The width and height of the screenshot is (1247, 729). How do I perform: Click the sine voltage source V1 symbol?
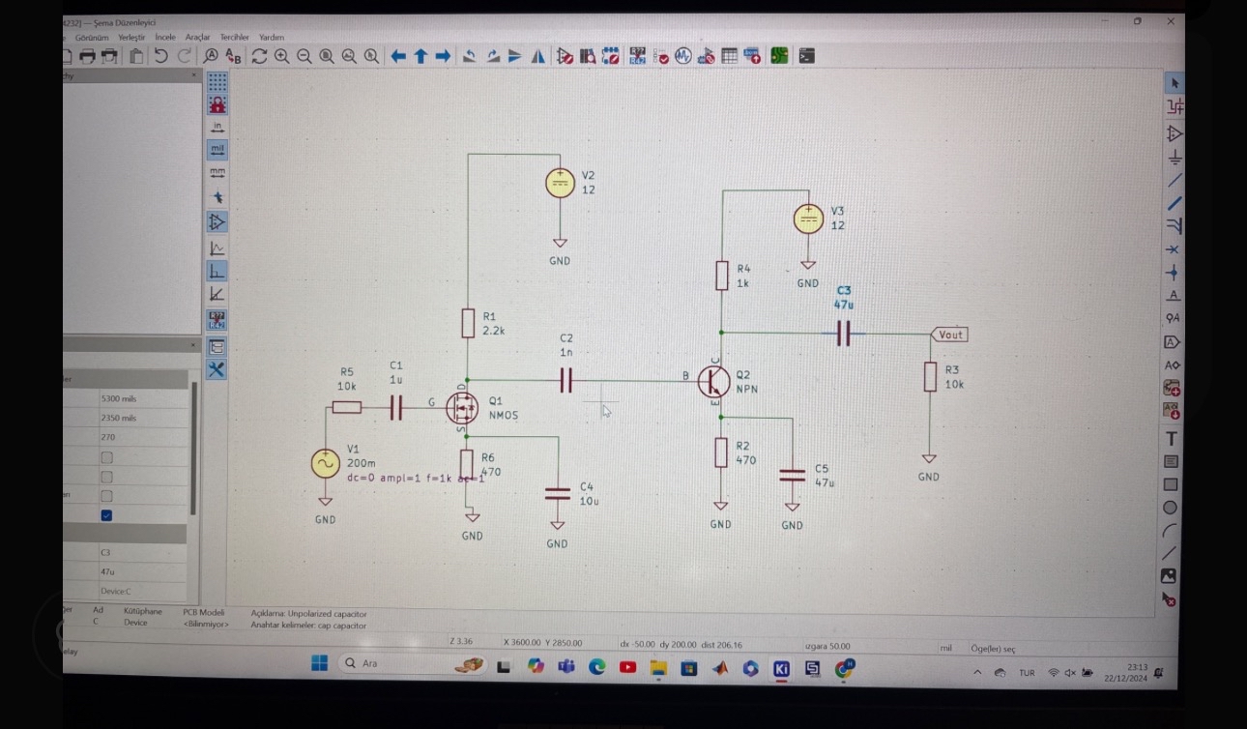[325, 464]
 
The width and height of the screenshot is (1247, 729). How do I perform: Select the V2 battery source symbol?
[560, 183]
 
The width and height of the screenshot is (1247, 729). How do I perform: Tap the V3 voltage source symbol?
[808, 219]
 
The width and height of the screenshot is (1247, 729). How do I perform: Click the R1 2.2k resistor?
[468, 323]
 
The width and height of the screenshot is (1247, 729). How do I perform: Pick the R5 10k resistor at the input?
[347, 408]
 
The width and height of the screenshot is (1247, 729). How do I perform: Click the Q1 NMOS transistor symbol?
[462, 407]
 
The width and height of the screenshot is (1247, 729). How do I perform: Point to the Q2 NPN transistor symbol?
[714, 381]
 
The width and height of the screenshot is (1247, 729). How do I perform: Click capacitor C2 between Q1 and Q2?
[565, 381]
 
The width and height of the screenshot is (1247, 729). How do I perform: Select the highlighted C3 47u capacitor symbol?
[843, 335]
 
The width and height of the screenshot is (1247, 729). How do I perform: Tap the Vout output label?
[950, 335]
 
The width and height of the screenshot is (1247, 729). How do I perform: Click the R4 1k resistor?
[721, 276]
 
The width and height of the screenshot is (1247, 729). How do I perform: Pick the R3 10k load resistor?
[929, 377]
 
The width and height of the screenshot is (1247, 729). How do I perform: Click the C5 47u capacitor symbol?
[792, 475]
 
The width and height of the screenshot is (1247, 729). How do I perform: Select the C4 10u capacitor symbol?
[557, 493]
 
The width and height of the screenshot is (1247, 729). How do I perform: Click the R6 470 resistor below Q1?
[467, 464]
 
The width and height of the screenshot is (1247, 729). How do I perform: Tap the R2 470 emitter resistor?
[721, 452]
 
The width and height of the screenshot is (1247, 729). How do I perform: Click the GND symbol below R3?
[929, 459]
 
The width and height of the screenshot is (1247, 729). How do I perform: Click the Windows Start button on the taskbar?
[319, 663]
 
